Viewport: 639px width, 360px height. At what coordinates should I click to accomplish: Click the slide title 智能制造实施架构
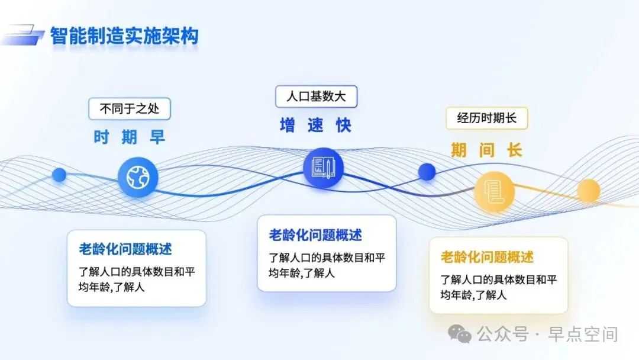click(x=124, y=36)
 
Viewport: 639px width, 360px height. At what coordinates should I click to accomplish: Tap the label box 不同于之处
click(x=130, y=109)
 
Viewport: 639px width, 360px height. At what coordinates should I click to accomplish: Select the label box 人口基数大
click(x=316, y=97)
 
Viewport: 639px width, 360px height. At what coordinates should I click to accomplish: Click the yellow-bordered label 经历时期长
click(x=486, y=118)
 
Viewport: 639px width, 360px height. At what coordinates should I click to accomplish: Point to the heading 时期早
click(x=130, y=138)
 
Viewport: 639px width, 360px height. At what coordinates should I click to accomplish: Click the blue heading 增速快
click(x=316, y=125)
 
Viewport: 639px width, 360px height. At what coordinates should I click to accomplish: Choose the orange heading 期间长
click(x=486, y=150)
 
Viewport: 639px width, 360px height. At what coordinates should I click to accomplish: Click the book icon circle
click(x=323, y=168)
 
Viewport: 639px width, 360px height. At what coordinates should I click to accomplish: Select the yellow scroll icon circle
click(x=494, y=191)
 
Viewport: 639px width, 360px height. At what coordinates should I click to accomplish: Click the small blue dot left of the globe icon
click(x=59, y=175)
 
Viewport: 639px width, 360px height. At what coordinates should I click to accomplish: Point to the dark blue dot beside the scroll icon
click(x=427, y=172)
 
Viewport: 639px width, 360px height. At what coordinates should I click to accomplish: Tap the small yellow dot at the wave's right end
click(x=588, y=191)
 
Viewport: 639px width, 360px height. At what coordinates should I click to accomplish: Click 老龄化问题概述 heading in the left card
click(x=125, y=249)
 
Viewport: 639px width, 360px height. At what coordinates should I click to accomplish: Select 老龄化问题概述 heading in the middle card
click(x=315, y=235)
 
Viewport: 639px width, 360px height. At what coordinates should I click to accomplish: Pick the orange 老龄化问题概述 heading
click(x=487, y=257)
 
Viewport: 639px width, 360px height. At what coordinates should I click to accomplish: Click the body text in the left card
click(x=137, y=280)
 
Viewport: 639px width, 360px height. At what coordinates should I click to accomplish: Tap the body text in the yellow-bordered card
click(x=498, y=287)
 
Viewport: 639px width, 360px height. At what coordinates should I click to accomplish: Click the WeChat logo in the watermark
click(x=460, y=334)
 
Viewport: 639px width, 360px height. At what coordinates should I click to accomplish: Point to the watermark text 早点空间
click(x=583, y=334)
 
